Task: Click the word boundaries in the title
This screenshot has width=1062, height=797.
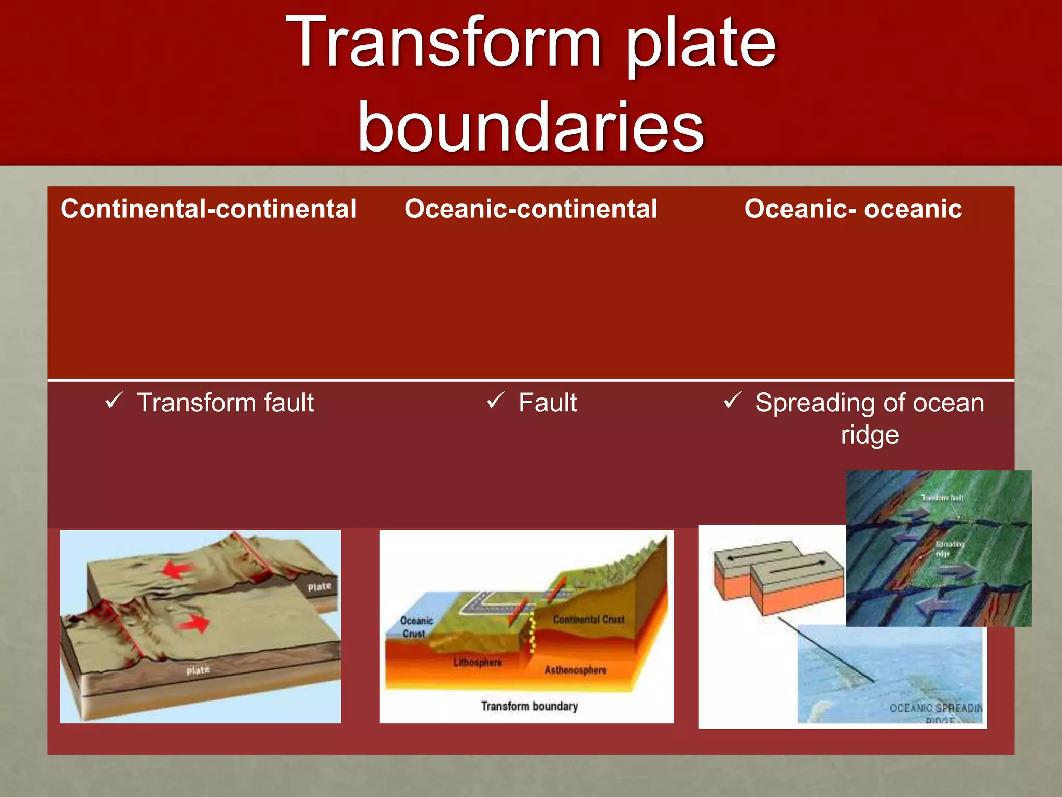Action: tap(530, 127)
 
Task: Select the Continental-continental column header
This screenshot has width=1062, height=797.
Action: tap(208, 209)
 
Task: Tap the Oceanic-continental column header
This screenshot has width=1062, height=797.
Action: tap(530, 209)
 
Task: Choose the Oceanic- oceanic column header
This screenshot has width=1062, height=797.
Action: tap(853, 209)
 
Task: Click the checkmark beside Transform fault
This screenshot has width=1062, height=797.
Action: tap(114, 401)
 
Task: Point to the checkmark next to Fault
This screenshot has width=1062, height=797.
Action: tap(495, 401)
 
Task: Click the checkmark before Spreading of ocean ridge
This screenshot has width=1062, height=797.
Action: tap(732, 401)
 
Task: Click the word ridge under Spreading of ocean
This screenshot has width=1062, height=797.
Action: tap(870, 435)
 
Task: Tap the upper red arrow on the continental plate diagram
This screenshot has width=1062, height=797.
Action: tap(176, 570)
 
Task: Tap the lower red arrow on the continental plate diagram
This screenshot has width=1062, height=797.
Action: tap(194, 623)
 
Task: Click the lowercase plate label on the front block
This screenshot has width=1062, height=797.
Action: tap(198, 670)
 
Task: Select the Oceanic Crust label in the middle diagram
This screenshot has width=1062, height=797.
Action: tap(415, 627)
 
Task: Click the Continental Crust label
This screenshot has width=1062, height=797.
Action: tap(589, 620)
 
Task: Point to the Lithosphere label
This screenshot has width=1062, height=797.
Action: tap(477, 663)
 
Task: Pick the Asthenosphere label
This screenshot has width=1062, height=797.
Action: tap(575, 670)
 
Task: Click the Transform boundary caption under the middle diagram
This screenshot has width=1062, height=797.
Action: tap(529, 706)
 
